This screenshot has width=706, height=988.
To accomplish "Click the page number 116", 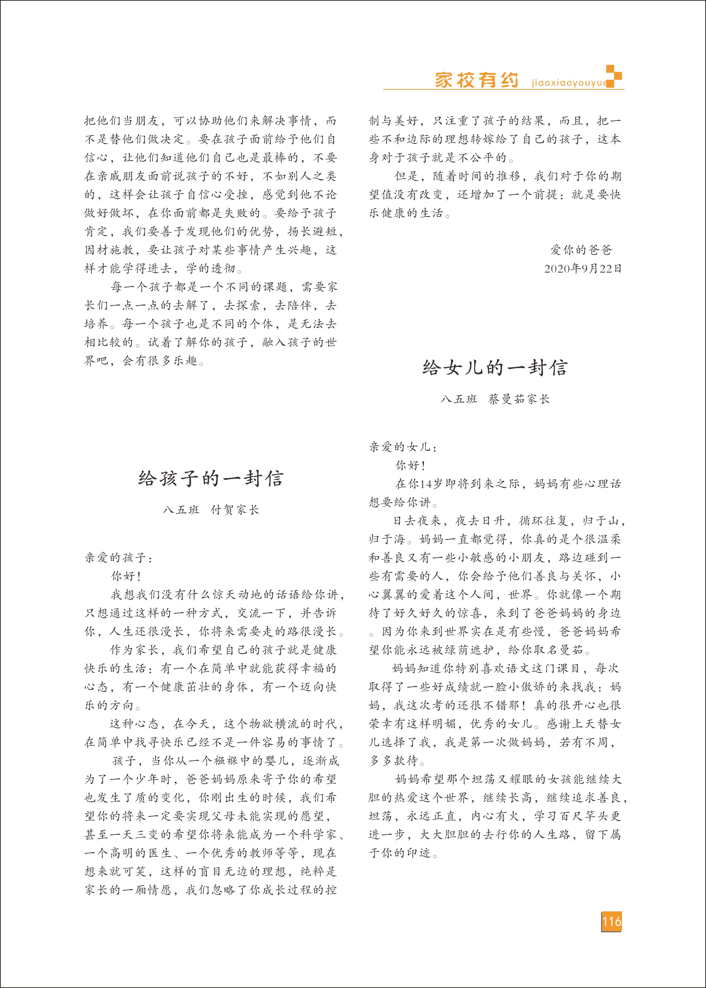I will [x=611, y=921].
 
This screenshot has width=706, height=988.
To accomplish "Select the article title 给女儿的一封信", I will [x=495, y=368].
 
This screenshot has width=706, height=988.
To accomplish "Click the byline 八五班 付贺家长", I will [x=211, y=510].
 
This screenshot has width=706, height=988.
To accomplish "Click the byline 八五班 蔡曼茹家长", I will [x=495, y=399].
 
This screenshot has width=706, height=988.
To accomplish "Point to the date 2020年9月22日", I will [x=582, y=268].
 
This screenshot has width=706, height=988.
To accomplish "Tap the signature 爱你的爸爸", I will [x=581, y=250].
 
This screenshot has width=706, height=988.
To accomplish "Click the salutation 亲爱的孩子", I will [x=118, y=557].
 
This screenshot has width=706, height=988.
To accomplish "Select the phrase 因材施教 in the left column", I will [x=109, y=250].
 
